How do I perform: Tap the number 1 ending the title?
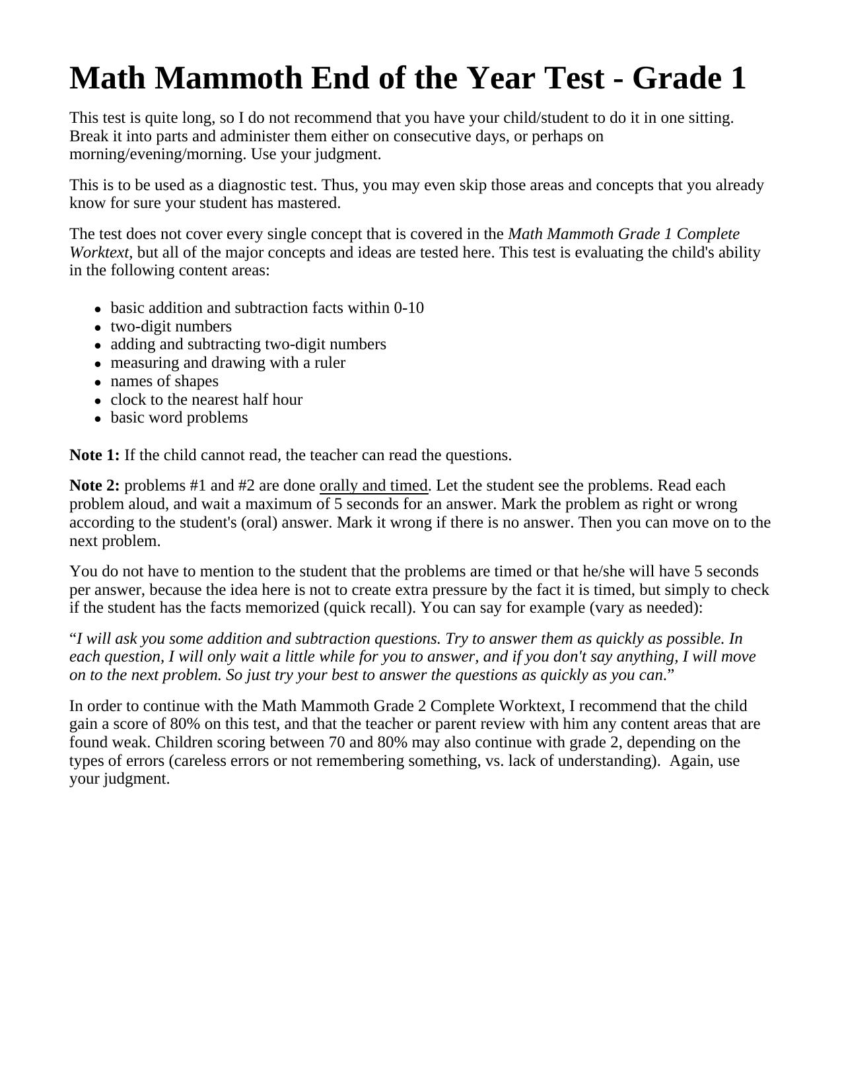738,79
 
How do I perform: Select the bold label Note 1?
94,456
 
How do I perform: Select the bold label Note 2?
94,486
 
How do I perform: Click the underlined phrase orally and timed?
374,486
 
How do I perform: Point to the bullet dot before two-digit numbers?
97,327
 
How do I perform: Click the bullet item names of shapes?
164,382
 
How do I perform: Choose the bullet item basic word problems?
179,418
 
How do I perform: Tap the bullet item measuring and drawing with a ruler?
228,363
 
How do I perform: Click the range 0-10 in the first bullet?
409,308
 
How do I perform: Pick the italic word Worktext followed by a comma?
99,253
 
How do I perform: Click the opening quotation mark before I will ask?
73,639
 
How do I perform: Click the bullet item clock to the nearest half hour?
206,400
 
